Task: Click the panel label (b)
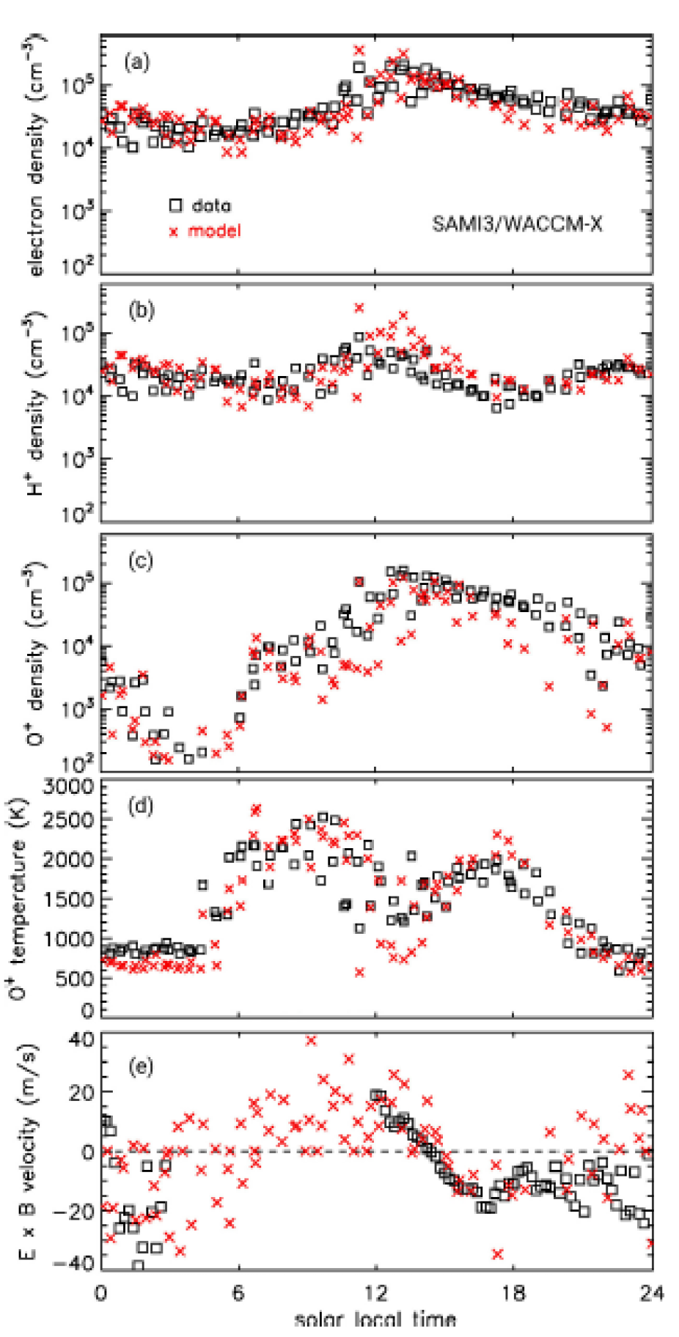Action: click(141, 310)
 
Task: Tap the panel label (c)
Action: click(141, 561)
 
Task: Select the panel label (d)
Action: click(140, 806)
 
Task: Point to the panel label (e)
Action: click(140, 1067)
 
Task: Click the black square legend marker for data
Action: click(175, 205)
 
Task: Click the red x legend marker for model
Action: click(175, 232)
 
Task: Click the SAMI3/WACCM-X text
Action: click(517, 224)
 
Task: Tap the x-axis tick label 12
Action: click(375, 1293)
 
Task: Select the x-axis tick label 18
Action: click(513, 1293)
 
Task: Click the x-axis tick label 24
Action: click(650, 1293)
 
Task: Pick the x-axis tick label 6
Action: click(238, 1293)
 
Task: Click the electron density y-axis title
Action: click(35, 154)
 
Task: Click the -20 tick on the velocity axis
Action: click(73, 1211)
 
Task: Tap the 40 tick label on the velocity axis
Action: click(82, 1039)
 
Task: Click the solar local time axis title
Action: click(375, 1319)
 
